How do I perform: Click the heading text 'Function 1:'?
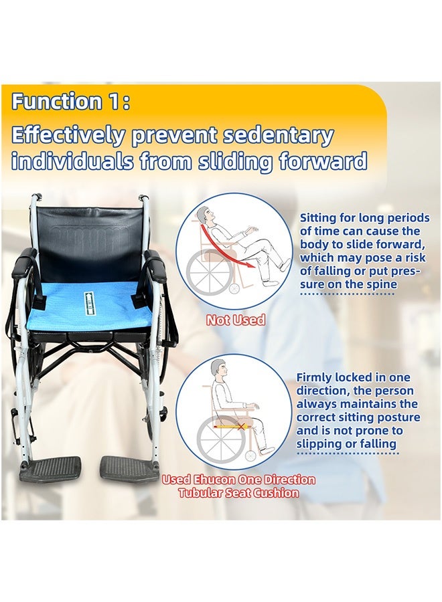[70, 102]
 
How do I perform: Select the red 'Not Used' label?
[236, 320]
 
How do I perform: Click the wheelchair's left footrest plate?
[50, 468]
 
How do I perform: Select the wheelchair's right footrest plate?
[129, 468]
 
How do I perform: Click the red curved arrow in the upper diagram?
[233, 244]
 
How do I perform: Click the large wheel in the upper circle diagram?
[210, 272]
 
